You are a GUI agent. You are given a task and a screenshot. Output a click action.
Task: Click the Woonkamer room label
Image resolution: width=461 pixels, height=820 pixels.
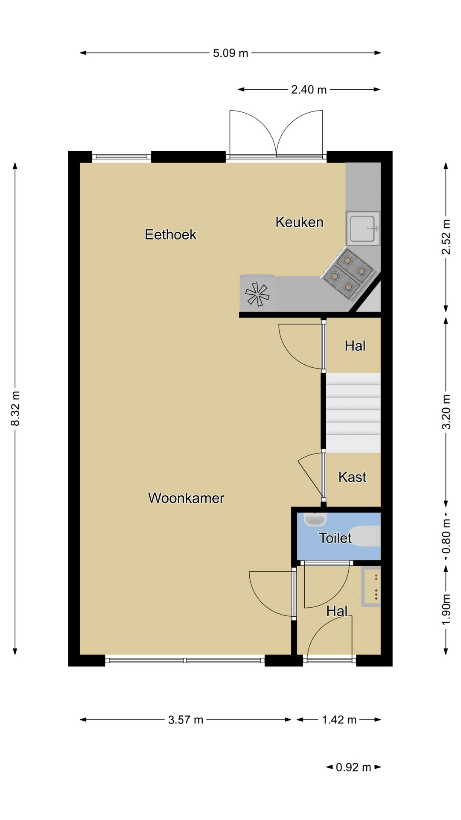(186, 498)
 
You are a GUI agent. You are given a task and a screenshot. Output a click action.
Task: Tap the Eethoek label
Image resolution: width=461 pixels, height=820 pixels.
(171, 234)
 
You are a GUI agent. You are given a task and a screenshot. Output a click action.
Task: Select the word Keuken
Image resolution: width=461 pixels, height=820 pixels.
(299, 222)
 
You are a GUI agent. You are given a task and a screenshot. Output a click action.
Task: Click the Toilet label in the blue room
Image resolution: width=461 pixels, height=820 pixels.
(336, 538)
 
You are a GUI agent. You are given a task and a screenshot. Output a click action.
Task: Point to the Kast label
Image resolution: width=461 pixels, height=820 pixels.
(352, 477)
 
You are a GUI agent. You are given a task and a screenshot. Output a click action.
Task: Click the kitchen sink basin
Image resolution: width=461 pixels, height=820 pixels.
(363, 228)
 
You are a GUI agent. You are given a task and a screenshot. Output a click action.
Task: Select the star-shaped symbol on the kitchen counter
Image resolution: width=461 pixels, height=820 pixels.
(257, 294)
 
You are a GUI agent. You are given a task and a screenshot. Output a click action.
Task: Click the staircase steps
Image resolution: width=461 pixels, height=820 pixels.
(353, 413)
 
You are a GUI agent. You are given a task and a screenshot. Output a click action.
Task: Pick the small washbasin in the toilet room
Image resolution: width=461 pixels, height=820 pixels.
(315, 519)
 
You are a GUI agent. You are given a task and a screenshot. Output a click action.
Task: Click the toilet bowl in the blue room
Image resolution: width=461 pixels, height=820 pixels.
(367, 536)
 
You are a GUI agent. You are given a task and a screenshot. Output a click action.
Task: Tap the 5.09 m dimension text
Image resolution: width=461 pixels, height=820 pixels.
(230, 53)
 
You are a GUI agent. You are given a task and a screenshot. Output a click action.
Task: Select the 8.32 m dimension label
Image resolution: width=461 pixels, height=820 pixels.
(15, 408)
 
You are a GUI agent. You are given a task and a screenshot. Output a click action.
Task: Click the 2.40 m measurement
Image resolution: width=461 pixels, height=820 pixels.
(309, 90)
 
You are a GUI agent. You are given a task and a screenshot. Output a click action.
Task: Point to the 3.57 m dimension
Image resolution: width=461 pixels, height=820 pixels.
(186, 720)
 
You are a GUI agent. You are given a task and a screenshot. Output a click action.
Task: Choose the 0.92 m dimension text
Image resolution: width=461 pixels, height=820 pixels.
(353, 767)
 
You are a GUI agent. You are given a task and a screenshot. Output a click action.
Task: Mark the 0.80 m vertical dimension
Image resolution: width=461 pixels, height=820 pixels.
(446, 536)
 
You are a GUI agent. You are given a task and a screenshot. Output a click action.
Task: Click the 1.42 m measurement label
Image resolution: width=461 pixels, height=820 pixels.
(339, 720)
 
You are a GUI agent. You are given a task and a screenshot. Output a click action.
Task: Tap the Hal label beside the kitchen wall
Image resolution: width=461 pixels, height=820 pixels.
(355, 346)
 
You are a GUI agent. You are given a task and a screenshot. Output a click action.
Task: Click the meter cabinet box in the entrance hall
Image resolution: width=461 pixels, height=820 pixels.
(371, 586)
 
